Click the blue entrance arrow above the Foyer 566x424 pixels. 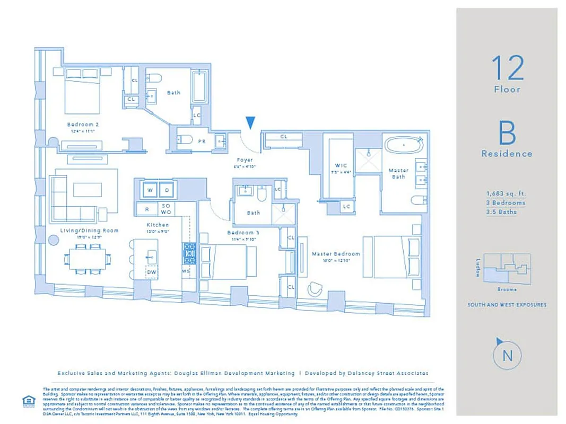tap(250, 123)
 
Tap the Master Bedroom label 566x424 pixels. tap(335, 254)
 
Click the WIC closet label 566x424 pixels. tap(341, 165)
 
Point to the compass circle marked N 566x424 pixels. tap(507, 356)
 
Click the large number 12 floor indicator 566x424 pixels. tap(507, 68)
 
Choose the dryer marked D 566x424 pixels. tap(166, 190)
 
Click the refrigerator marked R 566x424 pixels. tap(146, 209)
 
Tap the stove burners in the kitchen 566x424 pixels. tap(189, 253)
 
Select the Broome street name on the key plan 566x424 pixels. tap(508, 289)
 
